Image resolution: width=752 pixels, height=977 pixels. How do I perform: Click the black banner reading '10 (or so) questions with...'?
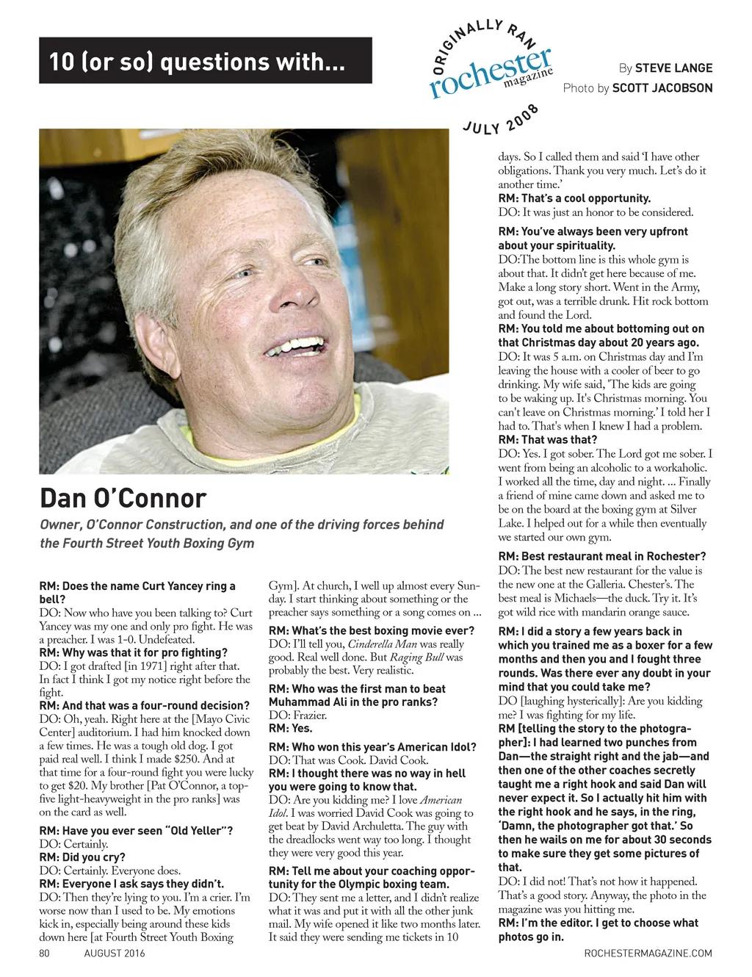205,61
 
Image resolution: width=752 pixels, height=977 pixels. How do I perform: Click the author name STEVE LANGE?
673,68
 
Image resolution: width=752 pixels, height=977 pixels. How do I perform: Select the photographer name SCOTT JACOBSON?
662,88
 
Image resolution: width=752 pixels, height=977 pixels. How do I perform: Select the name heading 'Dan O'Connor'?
123,498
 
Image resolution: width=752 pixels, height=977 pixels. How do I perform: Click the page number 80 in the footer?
44,953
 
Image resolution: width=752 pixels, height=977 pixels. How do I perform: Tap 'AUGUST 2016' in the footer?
115,953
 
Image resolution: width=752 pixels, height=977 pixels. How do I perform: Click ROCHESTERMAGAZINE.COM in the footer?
648,953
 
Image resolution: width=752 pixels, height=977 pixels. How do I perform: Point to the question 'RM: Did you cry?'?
82,857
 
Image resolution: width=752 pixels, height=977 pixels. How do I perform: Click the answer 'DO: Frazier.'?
291,715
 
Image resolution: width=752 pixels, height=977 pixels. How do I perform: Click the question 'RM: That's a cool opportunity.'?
574,198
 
